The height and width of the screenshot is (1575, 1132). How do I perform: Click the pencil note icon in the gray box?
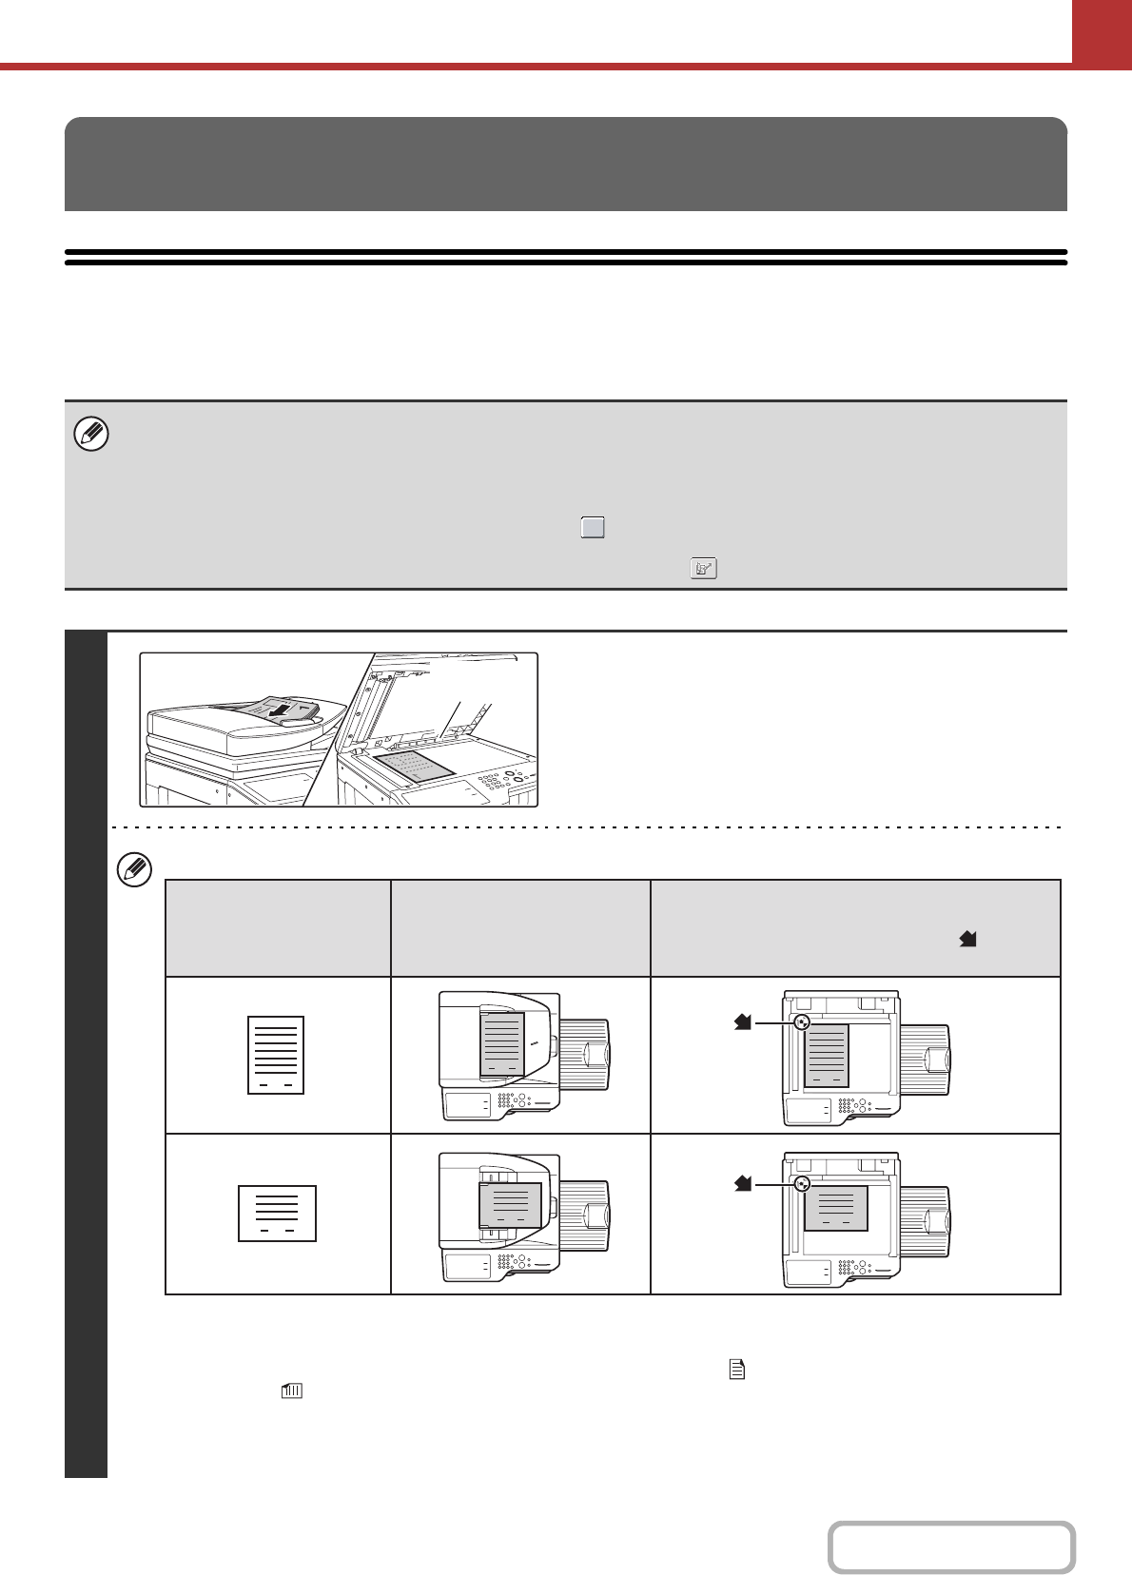click(x=91, y=435)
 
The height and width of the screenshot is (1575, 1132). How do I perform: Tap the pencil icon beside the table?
click(x=134, y=870)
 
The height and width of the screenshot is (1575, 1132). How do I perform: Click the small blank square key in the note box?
click(x=593, y=528)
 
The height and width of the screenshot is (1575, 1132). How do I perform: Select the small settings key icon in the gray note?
click(x=703, y=568)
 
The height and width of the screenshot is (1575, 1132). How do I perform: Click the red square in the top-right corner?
click(x=1102, y=31)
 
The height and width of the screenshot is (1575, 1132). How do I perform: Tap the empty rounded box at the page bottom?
click(x=951, y=1547)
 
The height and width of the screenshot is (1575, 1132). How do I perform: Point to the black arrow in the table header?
click(x=968, y=939)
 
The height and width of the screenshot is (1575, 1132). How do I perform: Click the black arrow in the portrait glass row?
click(x=743, y=1021)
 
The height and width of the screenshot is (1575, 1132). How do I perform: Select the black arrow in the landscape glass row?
click(x=743, y=1183)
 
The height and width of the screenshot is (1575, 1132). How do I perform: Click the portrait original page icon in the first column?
click(x=276, y=1055)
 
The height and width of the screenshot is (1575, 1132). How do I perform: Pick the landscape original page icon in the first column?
click(x=277, y=1214)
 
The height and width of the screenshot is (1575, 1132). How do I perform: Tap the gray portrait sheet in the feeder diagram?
click(x=502, y=1043)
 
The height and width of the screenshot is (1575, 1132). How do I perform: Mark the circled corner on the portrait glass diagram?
click(x=802, y=1022)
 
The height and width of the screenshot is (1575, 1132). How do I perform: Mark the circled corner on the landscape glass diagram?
click(x=802, y=1184)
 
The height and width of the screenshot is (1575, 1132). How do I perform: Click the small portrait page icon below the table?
click(x=736, y=1370)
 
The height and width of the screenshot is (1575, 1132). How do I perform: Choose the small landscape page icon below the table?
click(x=292, y=1390)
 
